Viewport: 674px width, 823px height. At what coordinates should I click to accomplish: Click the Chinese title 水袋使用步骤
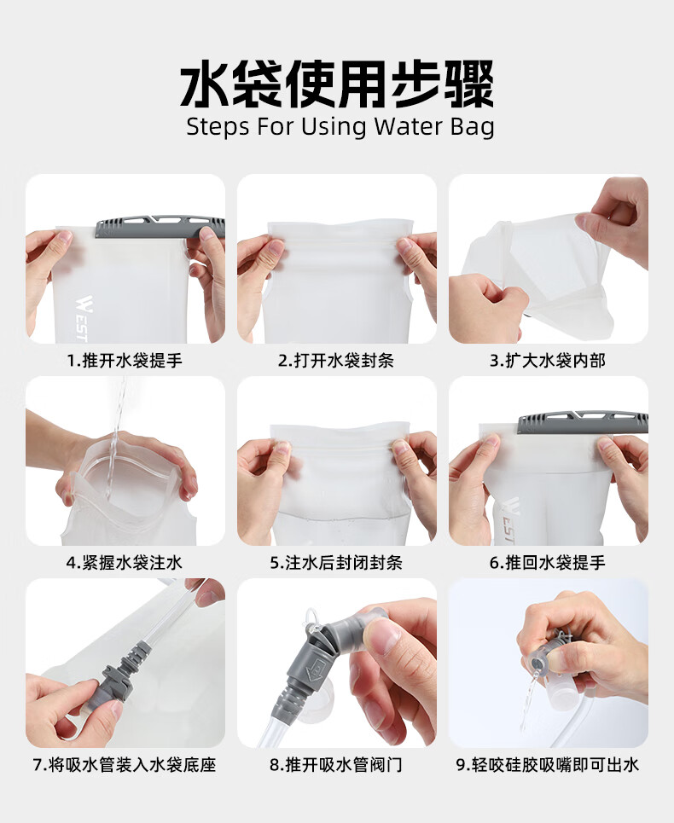pos(337,84)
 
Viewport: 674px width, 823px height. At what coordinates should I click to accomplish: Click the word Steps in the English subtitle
pos(218,128)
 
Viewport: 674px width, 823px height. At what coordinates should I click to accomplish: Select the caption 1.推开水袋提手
pos(125,361)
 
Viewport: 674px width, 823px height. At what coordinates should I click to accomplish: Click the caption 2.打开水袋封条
pos(336,361)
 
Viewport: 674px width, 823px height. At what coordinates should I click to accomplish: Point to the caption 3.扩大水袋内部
pos(548,361)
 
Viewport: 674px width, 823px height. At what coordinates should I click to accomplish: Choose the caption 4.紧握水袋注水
pos(125,563)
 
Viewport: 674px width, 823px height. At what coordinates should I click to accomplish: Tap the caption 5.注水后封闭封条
pos(336,563)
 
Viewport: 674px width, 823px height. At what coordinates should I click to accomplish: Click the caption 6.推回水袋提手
pos(548,563)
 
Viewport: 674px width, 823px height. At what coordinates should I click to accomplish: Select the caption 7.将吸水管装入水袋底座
pos(125,765)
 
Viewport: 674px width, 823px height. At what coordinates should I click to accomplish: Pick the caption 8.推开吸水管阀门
pos(336,765)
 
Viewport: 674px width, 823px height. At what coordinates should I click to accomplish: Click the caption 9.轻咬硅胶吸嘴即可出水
pos(548,765)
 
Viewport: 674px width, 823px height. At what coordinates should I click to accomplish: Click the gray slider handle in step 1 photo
pos(160,226)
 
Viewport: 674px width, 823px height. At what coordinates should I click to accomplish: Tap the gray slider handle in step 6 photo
pos(583,422)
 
